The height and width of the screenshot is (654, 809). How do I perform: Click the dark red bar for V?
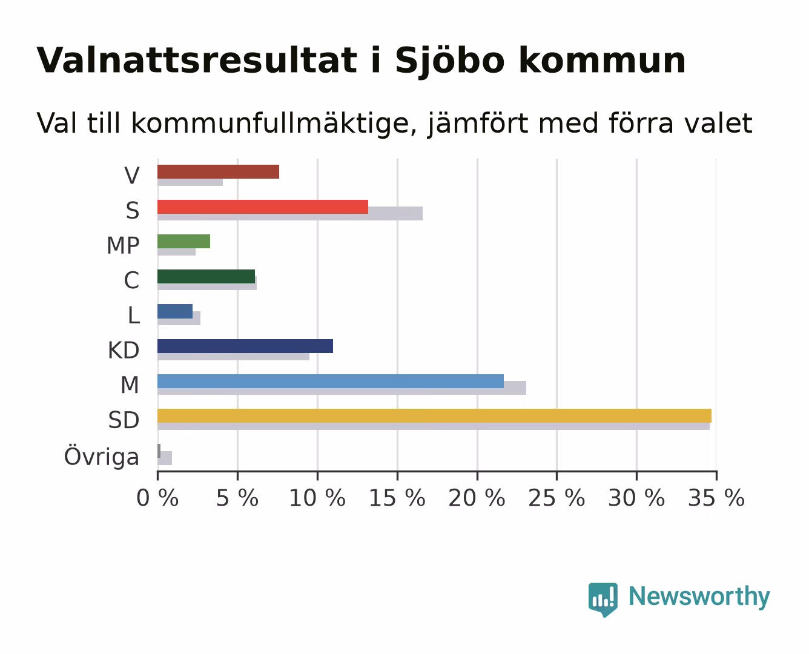[219, 171]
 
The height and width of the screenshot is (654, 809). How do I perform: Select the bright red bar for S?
[263, 206]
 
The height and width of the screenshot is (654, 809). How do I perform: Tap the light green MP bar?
[184, 242]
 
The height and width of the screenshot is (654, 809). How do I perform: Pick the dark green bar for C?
[206, 277]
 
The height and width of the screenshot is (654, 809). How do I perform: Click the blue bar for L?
[175, 311]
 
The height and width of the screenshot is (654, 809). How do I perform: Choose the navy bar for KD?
[245, 346]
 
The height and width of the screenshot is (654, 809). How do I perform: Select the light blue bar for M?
[331, 381]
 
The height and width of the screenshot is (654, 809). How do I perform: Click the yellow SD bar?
[435, 416]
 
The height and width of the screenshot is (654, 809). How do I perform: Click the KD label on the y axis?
[124, 350]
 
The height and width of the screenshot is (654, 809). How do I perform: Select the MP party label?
[123, 245]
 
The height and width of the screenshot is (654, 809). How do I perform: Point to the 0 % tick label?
[157, 498]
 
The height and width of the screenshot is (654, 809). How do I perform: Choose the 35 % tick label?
[716, 498]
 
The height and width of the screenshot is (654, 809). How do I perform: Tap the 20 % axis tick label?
[477, 498]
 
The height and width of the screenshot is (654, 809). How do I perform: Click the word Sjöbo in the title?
[450, 61]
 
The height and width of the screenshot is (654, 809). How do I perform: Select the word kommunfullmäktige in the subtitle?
[274, 124]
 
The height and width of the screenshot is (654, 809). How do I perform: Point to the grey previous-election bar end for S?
[422, 213]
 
